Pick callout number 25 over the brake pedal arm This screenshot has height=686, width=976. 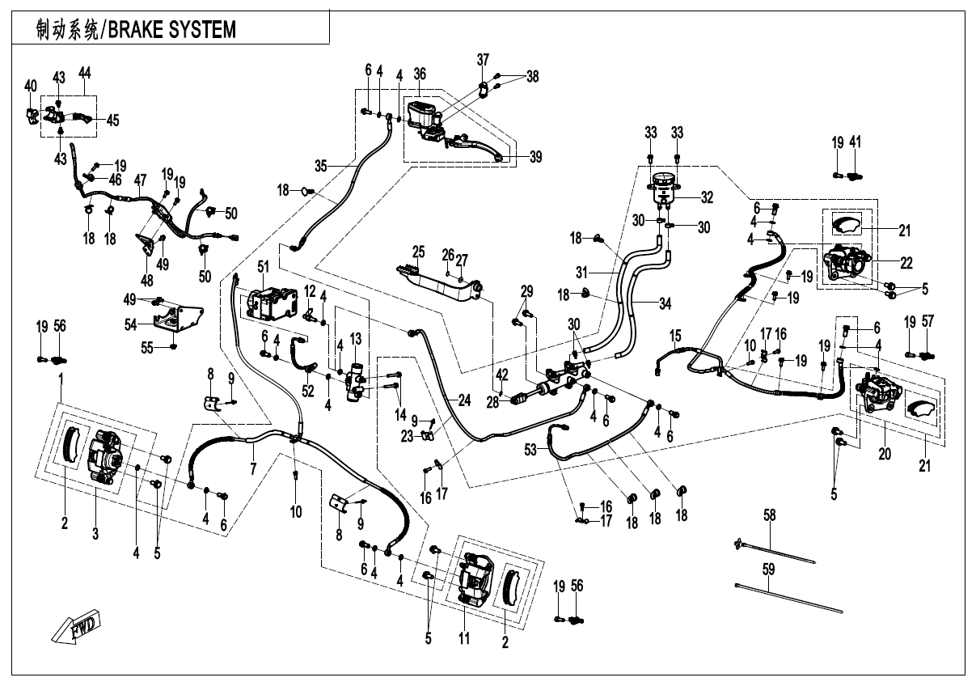point(419,252)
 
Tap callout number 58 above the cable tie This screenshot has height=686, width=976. point(770,514)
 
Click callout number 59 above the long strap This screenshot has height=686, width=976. point(769,569)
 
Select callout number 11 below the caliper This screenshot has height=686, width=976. point(464,639)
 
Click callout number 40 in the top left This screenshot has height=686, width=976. point(31,86)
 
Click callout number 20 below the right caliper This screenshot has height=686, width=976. point(885,455)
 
